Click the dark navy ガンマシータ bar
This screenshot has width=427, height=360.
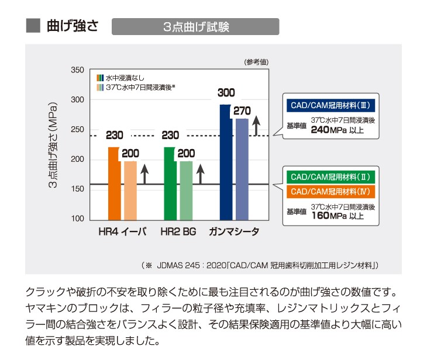[225, 164]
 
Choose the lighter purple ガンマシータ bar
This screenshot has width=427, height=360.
[242, 169]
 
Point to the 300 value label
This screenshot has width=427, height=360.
[226, 93]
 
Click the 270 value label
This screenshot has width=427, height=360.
[242, 110]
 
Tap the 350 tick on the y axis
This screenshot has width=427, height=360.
[77, 70]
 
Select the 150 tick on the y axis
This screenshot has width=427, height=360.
[77, 189]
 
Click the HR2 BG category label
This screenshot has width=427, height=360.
[178, 232]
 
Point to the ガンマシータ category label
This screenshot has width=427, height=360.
[235, 232]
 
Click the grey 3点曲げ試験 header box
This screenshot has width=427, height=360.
[195, 27]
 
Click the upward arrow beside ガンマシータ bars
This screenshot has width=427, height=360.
[256, 124]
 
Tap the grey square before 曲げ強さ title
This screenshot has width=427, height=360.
[33, 26]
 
